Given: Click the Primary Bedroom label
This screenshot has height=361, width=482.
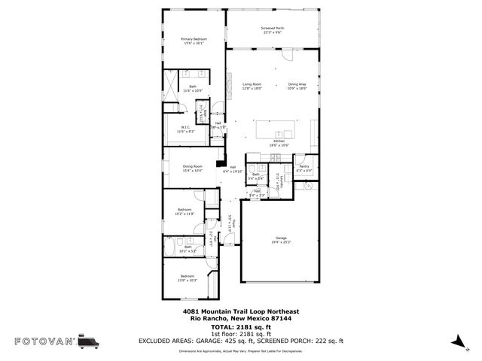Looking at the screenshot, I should coord(194,41).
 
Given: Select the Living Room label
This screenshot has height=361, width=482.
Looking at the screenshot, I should coord(252,86).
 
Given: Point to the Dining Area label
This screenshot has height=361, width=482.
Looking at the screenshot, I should coord(297,86).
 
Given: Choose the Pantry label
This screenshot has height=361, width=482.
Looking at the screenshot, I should coord(304,167).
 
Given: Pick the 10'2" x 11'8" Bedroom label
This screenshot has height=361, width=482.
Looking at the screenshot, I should coord(185,211).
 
